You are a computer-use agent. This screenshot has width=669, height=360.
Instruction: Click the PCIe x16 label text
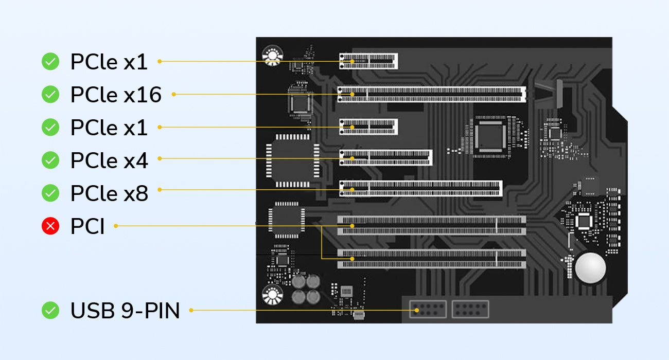point(116,95)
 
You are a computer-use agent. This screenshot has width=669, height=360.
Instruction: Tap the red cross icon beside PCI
point(50,226)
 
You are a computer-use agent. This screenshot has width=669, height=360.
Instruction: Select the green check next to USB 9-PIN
point(50,310)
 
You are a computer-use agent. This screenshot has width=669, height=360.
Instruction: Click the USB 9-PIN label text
point(125,311)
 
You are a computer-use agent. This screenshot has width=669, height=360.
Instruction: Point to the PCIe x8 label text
point(109,193)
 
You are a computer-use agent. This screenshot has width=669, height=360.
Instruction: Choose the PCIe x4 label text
point(109,161)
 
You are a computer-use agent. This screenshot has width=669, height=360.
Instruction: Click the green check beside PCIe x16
point(50,95)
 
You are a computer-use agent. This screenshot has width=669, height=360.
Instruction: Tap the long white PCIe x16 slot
point(432,94)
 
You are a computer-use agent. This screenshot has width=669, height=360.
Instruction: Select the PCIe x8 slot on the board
point(420,189)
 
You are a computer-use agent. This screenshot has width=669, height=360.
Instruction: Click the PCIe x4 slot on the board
point(385,158)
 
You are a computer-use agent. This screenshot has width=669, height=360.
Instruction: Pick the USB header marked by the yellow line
point(428,309)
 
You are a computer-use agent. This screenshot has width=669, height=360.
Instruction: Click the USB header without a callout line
point(470,309)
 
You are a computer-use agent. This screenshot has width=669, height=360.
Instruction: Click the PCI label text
point(87,226)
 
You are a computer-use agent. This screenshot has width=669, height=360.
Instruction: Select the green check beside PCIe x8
point(50,193)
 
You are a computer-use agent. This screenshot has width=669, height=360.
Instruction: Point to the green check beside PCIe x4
point(50,160)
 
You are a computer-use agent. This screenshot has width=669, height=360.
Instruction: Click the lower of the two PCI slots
point(432,259)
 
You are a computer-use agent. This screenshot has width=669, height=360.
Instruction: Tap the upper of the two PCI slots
point(432,225)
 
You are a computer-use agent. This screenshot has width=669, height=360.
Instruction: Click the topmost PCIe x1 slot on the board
point(368,61)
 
